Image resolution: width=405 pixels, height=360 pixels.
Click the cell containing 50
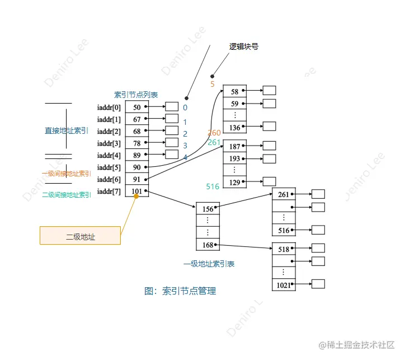tap(136, 106)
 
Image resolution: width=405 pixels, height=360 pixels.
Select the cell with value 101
tap(136, 191)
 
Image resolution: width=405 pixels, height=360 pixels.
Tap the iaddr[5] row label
tap(109, 167)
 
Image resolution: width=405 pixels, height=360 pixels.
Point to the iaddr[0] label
tap(109, 106)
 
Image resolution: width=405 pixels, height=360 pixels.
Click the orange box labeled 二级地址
tap(80, 235)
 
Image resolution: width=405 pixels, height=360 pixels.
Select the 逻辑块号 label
tap(244, 47)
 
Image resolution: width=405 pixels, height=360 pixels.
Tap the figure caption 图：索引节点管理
tap(180, 291)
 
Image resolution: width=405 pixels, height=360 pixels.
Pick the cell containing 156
tap(208, 209)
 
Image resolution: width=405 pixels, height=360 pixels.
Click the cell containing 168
tap(208, 245)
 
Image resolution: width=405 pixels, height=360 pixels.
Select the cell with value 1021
tap(283, 286)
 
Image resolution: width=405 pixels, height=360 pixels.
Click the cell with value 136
tap(234, 128)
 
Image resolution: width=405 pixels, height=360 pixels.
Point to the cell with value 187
tap(234, 147)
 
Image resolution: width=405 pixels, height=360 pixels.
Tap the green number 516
tap(213, 186)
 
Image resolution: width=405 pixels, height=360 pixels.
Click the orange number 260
tap(214, 133)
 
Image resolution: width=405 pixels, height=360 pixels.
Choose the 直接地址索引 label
tap(67, 130)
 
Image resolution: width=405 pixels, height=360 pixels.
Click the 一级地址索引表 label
tap(209, 264)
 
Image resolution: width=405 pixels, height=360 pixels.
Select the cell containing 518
tap(283, 249)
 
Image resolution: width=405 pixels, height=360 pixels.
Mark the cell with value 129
tap(234, 183)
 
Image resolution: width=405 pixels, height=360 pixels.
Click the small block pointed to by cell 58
tap(269, 90)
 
